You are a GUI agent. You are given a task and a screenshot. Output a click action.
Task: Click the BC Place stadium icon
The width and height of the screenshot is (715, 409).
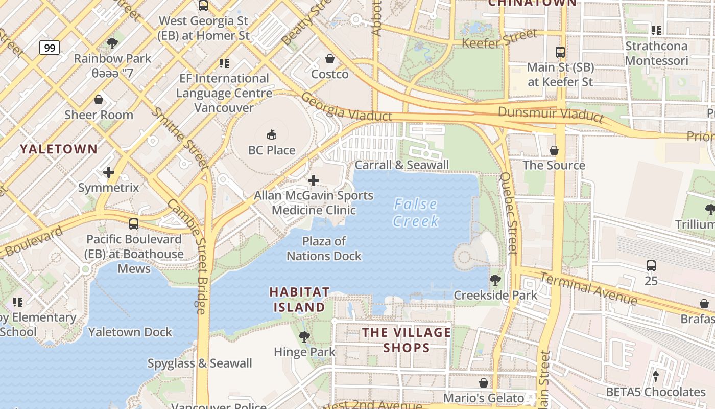[272, 135]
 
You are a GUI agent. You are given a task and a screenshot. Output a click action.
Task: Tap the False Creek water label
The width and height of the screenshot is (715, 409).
[416, 213]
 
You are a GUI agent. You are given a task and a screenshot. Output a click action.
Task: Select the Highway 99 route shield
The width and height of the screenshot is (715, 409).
[50, 48]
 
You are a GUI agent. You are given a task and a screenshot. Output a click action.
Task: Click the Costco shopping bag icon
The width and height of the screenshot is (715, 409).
[330, 59]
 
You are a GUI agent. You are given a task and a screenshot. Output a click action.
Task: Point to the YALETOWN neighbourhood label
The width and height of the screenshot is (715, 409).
[59, 149]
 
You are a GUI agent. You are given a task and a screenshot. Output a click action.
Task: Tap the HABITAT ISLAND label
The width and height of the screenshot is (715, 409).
[299, 300]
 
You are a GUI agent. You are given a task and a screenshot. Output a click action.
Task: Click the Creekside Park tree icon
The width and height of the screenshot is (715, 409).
[495, 280]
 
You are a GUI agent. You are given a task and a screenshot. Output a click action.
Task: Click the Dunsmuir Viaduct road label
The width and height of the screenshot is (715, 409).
[551, 114]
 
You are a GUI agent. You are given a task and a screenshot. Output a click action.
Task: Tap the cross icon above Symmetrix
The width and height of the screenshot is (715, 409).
[109, 172]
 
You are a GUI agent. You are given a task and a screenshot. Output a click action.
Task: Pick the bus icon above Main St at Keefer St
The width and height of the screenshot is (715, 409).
[560, 52]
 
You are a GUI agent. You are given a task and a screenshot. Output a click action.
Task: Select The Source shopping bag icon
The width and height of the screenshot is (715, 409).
[554, 150]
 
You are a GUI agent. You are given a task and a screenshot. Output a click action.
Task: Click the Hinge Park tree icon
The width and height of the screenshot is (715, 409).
[304, 336]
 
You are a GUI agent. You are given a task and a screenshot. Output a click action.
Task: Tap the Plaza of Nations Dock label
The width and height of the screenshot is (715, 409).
[324, 248]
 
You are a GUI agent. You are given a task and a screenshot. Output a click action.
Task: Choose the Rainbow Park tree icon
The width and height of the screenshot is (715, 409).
[112, 43]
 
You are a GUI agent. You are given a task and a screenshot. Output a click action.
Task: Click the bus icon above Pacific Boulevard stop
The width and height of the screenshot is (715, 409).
[134, 223]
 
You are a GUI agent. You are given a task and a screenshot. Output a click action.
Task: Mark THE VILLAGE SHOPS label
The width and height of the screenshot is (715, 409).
[407, 340]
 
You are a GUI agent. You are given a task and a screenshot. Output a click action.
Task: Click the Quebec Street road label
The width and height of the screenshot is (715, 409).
[509, 213]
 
